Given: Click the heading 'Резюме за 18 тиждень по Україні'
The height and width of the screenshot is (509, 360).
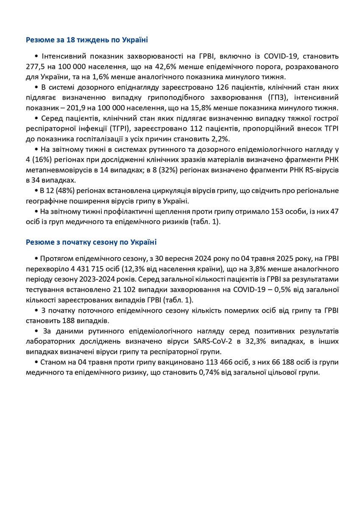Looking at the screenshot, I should point(87,40).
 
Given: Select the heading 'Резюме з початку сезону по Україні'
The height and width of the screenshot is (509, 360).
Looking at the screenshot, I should point(91,242).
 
